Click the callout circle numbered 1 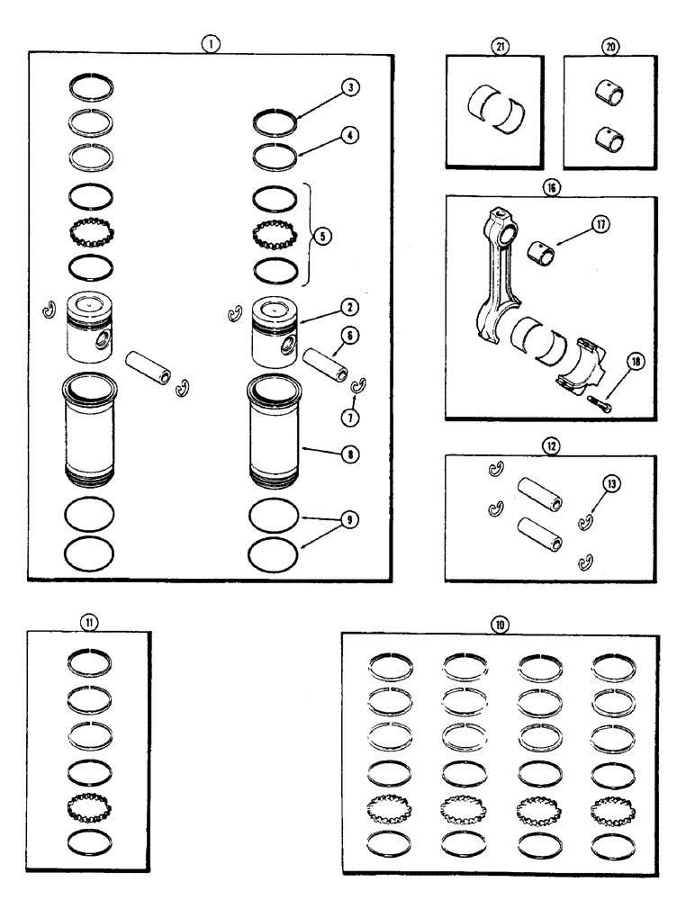coord(208,41)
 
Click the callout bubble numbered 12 coord(551,443)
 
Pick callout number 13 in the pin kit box coord(614,484)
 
